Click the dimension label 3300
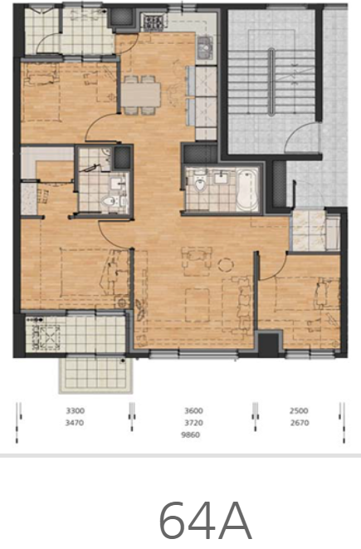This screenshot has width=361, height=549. pos(76,410)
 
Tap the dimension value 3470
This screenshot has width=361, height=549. pos(75,423)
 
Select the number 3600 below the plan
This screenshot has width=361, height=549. pos(194,410)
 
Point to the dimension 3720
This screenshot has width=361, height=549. pos(194,423)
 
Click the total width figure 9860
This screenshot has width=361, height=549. pos(191,435)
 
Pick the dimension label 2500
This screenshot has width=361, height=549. pos(299,410)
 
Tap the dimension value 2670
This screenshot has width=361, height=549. pos(300,423)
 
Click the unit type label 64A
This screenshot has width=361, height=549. pos(205,521)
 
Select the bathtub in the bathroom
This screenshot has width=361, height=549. pos(247,189)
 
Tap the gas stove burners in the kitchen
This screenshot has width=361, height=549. pos(154,22)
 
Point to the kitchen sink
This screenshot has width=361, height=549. pos(205,47)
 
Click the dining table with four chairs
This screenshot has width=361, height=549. pos(140,95)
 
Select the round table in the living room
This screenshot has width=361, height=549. pos(226,265)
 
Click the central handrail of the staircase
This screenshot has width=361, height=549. pos(271,81)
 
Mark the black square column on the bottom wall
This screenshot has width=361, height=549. pos(268,346)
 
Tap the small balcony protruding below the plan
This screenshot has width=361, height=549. pos(95,375)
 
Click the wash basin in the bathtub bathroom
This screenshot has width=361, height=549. pos(222,178)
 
